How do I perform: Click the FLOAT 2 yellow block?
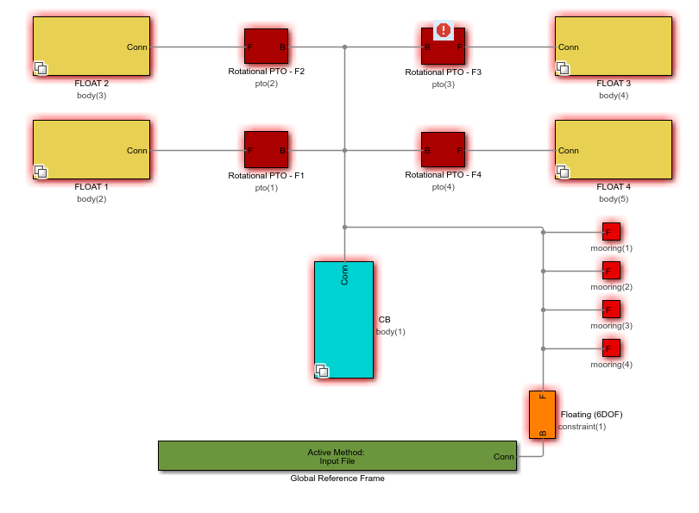91,47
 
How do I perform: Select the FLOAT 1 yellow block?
91,149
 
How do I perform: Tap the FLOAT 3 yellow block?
613,47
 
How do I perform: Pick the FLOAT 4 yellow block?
613,149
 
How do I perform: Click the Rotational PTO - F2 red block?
266,47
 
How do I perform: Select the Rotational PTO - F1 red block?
266,149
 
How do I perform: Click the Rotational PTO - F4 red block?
443,149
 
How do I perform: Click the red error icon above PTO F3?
444,31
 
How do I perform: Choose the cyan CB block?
343,319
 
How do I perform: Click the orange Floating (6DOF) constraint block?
542,415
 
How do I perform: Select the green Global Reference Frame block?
337,455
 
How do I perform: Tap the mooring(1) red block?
611,232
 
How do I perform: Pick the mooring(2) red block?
611,271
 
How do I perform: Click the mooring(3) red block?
611,310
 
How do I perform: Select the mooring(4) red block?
611,348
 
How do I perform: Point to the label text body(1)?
391,332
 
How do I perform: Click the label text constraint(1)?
582,427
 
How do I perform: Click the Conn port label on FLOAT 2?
137,47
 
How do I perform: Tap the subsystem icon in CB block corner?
322,371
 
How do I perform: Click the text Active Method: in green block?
336,452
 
